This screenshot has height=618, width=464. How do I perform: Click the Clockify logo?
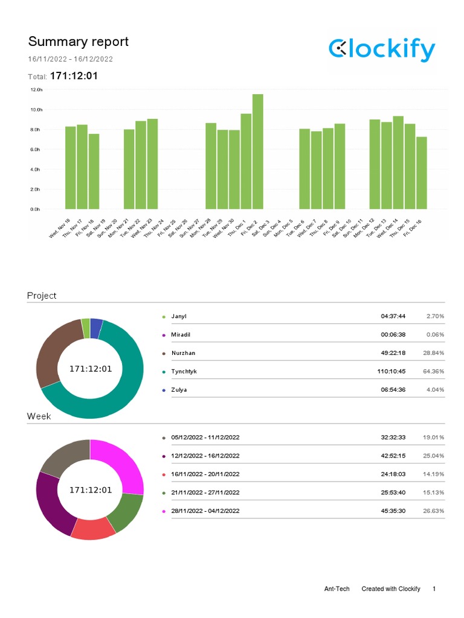click(382, 49)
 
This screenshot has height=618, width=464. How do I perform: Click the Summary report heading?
click(78, 42)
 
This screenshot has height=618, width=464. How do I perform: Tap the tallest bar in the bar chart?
click(258, 151)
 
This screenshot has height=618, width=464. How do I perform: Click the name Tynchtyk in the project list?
click(184, 371)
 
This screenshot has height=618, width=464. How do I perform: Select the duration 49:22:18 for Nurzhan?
click(393, 352)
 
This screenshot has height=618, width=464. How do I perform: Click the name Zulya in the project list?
click(179, 390)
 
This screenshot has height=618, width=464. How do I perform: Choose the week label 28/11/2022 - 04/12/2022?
click(205, 511)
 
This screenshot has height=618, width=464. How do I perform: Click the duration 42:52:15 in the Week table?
click(393, 456)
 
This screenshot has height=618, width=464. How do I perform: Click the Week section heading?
click(39, 416)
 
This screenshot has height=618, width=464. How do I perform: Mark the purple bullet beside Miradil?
click(163, 335)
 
